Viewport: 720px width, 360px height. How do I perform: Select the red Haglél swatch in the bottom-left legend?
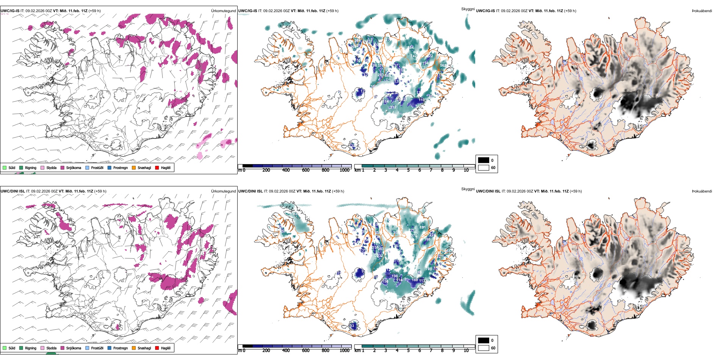pyautogui.click(x=157, y=348)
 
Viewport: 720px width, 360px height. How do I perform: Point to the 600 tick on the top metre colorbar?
pyautogui.click(x=305, y=170)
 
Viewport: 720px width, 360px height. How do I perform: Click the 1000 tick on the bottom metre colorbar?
pyautogui.click(x=344, y=351)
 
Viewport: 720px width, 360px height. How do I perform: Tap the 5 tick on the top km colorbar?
pyautogui.click(x=408, y=170)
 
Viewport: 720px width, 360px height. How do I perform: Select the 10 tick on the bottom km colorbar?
pyautogui.click(x=466, y=351)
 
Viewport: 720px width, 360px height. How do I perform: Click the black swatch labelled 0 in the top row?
pyautogui.click(x=484, y=160)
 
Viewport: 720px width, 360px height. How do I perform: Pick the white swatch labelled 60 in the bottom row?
pyautogui.click(x=484, y=348)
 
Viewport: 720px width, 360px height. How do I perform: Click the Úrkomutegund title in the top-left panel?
pyautogui.click(x=223, y=11)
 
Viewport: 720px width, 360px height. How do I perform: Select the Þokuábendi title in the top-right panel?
pyautogui.click(x=702, y=11)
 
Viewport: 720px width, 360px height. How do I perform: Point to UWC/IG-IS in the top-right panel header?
pyautogui.click(x=485, y=11)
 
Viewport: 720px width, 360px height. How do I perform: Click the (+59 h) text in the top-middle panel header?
pyautogui.click(x=332, y=11)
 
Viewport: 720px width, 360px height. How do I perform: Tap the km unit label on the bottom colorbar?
pyautogui.click(x=357, y=351)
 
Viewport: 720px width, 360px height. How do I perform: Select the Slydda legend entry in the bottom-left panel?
pyautogui.click(x=51, y=348)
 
